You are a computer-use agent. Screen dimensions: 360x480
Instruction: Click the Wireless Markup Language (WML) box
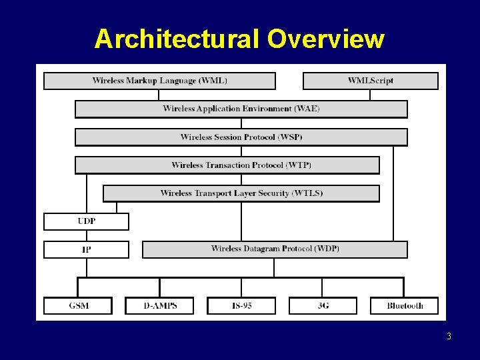pos(159,81)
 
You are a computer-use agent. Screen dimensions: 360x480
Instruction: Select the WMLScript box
pos(371,81)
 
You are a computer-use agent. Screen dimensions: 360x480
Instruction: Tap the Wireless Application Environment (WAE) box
pos(241,109)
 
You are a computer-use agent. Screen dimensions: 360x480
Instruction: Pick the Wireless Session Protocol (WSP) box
pos(241,137)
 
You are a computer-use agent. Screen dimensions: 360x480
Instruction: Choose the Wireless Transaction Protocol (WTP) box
pos(227,165)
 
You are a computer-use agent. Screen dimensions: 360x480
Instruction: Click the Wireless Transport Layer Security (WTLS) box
pos(241,193)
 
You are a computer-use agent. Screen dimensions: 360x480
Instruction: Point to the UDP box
pos(86,221)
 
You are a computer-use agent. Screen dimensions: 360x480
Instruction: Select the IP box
pos(86,249)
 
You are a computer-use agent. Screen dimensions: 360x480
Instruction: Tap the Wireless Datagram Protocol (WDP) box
pos(275,249)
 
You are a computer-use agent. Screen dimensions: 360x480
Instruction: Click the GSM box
pos(78,305)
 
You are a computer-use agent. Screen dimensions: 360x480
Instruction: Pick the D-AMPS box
pos(159,305)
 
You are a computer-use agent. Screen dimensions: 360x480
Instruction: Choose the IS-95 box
pos(241,305)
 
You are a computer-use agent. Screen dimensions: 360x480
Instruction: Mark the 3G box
pos(323,305)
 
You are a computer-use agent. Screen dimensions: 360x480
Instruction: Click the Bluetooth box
pos(405,305)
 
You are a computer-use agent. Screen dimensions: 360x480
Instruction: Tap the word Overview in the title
pos(326,39)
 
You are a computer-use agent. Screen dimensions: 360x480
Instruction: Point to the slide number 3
pos(449,336)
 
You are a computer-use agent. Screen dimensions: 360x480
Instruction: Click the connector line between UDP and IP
pos(86,235)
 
